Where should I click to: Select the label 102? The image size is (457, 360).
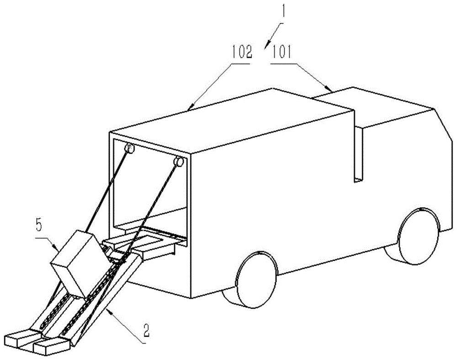tap(242, 53)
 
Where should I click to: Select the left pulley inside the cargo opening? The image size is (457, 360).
tap(129, 149)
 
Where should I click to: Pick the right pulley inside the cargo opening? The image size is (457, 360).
tap(178, 161)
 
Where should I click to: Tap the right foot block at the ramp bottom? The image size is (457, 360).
tap(52, 345)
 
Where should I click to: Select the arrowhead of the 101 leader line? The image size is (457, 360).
tap(329, 88)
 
